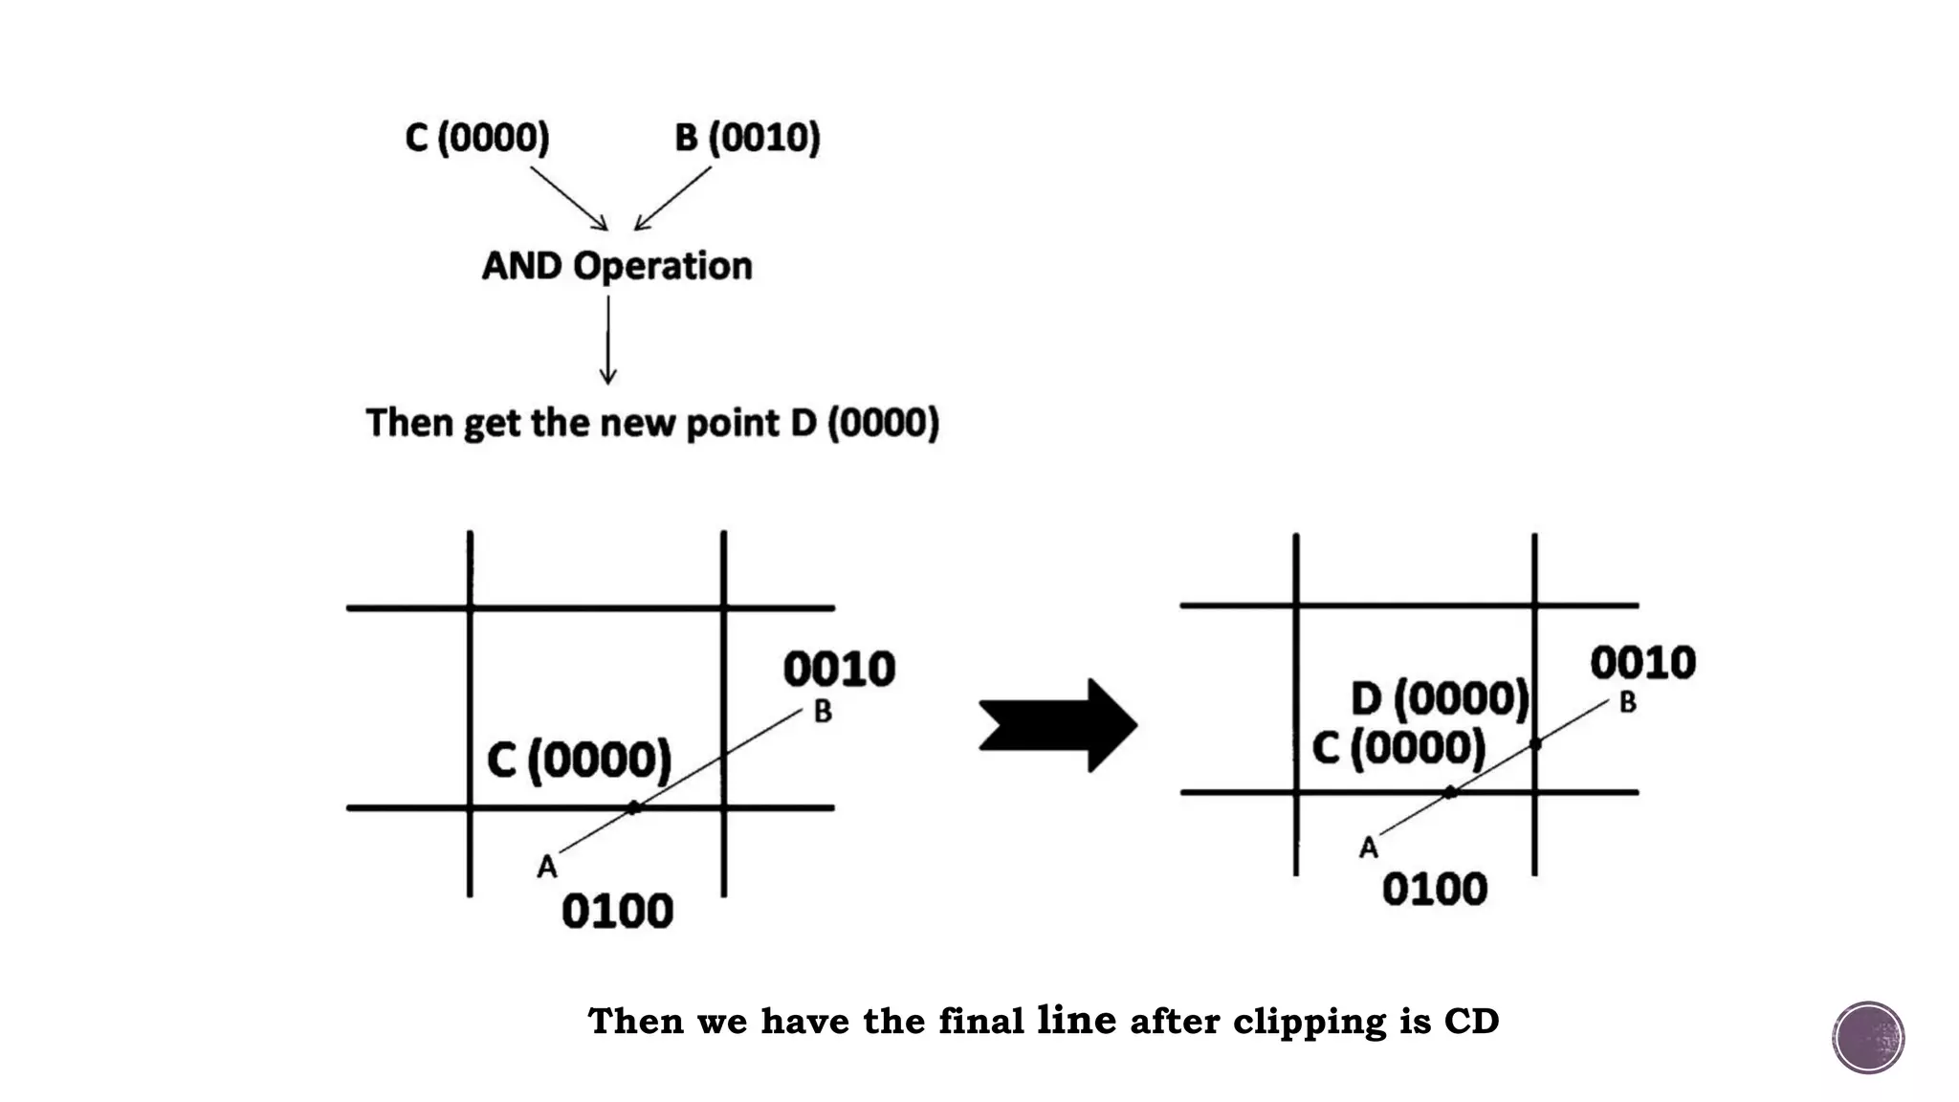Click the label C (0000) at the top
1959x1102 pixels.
[x=477, y=138]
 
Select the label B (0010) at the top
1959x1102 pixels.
[x=747, y=138]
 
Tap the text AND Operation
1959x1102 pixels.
[x=617, y=266]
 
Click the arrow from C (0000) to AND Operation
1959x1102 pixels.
[x=569, y=198]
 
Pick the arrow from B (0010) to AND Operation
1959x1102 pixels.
[x=672, y=198]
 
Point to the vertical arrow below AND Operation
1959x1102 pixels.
[x=608, y=340]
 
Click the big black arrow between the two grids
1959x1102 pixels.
[x=1058, y=725]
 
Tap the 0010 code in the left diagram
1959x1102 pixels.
[x=839, y=669]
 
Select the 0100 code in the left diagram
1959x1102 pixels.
[x=617, y=911]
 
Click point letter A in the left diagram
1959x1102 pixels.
[x=547, y=867]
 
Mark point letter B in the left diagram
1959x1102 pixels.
[x=823, y=712]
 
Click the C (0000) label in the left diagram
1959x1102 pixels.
[x=579, y=760]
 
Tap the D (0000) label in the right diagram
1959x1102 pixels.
[x=1440, y=699]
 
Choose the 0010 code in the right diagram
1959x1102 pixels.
[x=1642, y=662]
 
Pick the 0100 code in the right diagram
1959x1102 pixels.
[x=1434, y=890]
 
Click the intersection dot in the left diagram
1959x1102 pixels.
[x=633, y=807]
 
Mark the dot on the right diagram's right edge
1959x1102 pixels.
[x=1535, y=743]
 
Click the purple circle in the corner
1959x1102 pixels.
[x=1868, y=1038]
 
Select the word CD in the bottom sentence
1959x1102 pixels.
[x=1471, y=1022]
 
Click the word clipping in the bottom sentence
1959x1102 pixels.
[x=1309, y=1022]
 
